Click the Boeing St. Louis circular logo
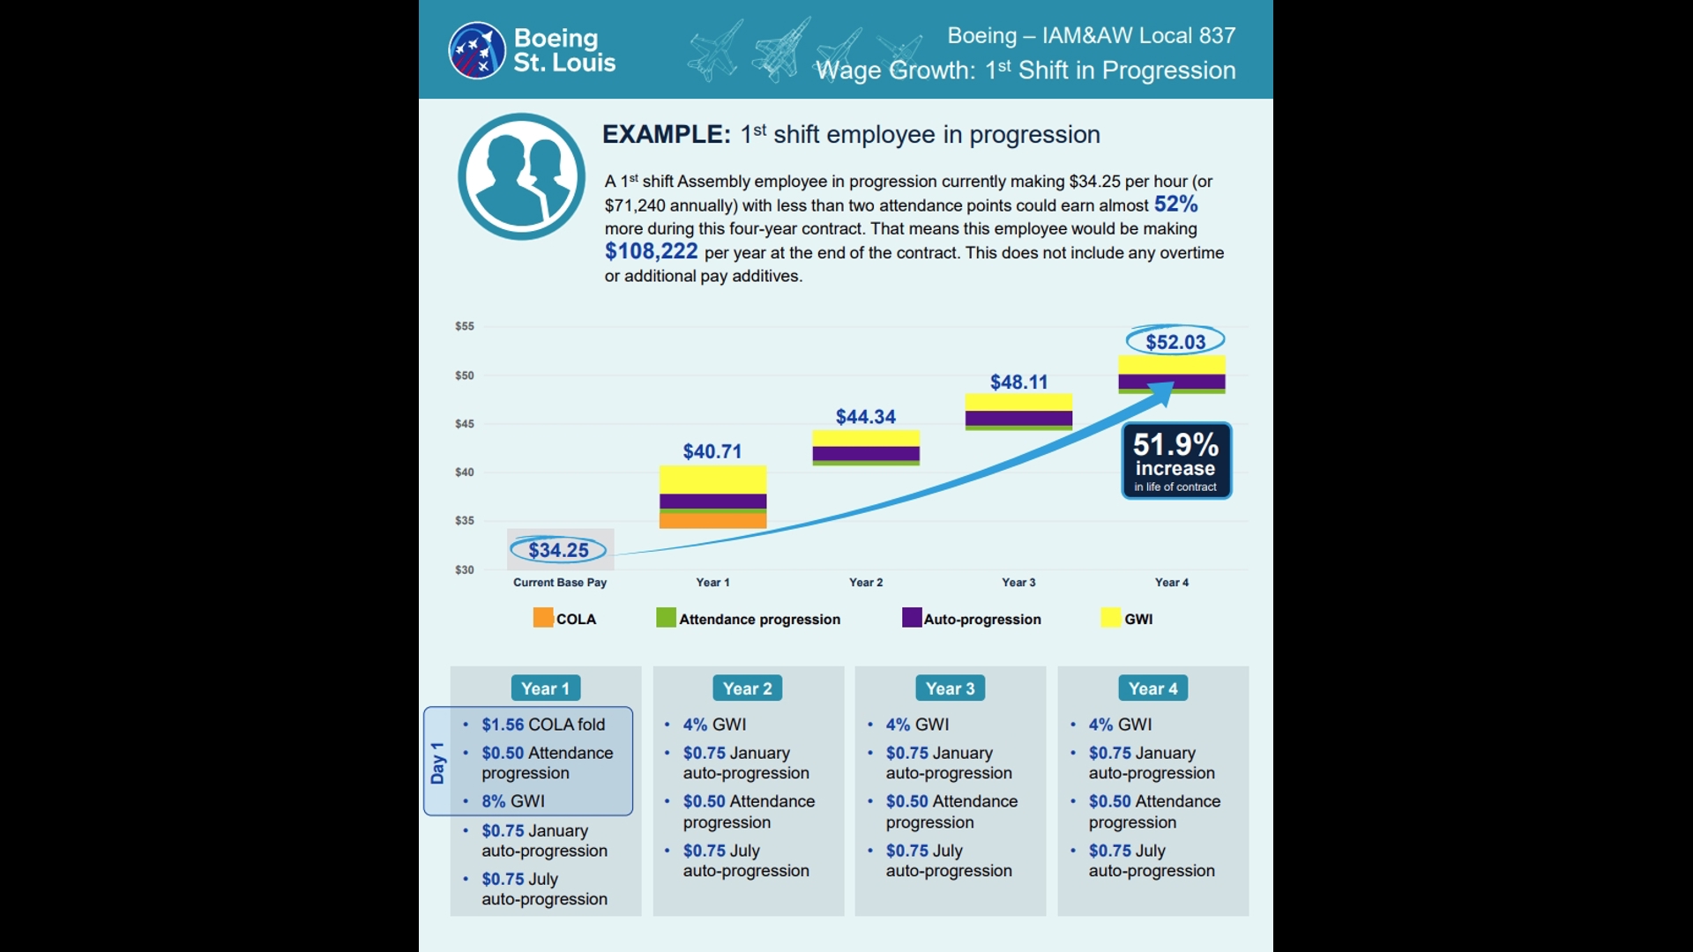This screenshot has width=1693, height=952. coord(477,50)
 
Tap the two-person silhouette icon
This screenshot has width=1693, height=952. coord(521,176)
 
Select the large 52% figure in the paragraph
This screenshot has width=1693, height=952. coord(1175,205)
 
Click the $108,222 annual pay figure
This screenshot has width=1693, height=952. coord(651,251)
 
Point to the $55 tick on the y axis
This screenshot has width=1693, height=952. coord(465,326)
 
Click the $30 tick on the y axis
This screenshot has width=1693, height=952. coord(465,569)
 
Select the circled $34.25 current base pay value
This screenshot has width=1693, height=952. coord(558,550)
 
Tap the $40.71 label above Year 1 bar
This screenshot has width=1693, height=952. coord(712,451)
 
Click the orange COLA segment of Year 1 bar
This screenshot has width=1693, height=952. coord(712,521)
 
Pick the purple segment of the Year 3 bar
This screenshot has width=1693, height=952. coord(1018,419)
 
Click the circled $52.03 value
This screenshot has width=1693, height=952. coord(1175,341)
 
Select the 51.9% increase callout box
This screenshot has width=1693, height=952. coord(1176,461)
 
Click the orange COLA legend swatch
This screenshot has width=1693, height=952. coord(543,618)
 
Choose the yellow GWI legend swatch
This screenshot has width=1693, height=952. coord(1111,618)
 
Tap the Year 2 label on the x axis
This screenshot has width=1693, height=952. coord(866,583)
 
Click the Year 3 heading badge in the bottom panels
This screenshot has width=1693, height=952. coord(951,688)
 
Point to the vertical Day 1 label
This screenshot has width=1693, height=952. coord(437,762)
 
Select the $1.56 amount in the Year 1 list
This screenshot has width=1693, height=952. coord(503,725)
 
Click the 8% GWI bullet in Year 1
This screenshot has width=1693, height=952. coord(513,801)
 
